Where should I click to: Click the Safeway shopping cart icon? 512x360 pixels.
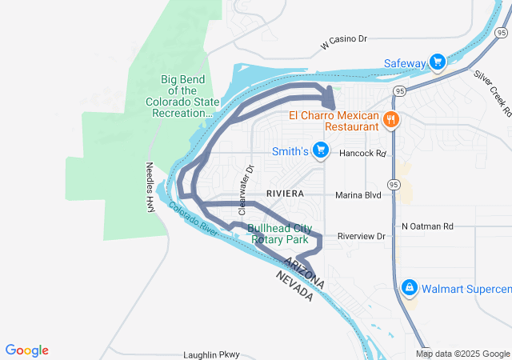tap(437, 62)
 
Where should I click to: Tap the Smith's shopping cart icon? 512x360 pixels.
tap(321, 150)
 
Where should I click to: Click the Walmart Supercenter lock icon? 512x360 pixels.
tap(410, 286)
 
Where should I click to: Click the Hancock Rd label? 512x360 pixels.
tap(362, 153)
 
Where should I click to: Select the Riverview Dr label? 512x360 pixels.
tap(361, 236)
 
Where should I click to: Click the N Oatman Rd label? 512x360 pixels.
tap(427, 226)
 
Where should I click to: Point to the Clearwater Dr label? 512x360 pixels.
tap(244, 182)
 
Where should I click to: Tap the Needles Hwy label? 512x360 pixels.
tap(150, 187)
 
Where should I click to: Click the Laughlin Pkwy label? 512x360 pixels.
tap(211, 354)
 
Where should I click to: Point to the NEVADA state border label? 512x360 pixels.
tap(294, 286)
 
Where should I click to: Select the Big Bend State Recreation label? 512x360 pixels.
tap(183, 96)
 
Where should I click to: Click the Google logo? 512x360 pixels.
tap(26, 350)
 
